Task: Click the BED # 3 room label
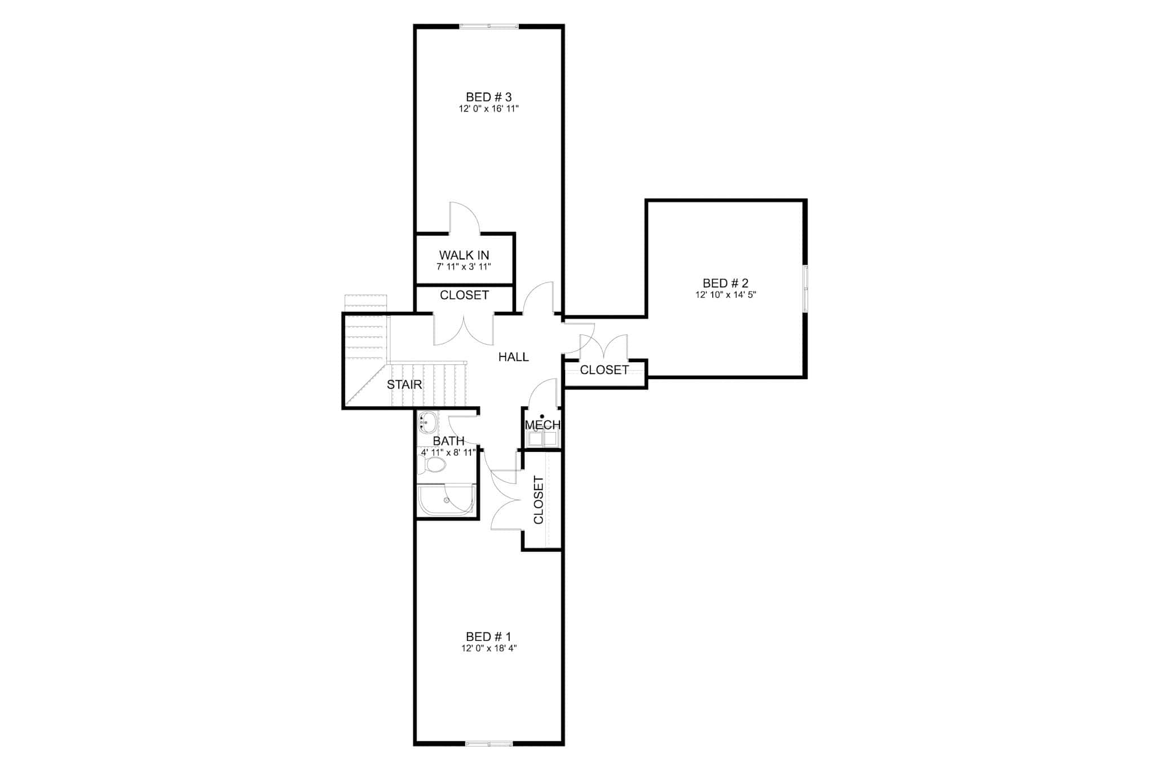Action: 488,97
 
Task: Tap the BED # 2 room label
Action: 725,283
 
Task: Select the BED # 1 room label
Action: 488,637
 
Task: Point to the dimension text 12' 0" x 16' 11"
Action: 488,109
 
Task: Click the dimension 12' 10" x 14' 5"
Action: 725,294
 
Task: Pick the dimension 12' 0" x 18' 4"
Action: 489,649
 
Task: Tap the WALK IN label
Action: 464,256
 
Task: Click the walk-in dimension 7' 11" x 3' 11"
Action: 464,267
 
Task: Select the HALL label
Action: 513,357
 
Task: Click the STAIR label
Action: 404,385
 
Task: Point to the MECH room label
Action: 543,425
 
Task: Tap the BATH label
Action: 449,441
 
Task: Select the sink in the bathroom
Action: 427,421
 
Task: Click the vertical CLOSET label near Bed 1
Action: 539,500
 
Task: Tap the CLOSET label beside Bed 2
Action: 604,370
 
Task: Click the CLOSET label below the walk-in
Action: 464,295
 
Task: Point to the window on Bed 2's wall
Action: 805,288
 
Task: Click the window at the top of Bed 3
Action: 489,26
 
